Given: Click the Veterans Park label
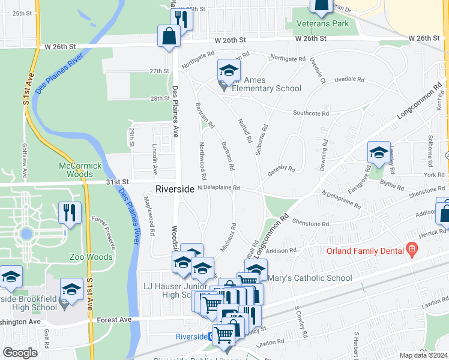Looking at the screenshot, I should (323, 24).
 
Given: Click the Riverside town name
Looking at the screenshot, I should (175, 189).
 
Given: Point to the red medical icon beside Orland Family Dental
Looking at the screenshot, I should (412, 248).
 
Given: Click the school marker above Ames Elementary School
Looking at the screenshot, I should (229, 71).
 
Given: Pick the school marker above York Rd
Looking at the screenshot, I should (379, 154).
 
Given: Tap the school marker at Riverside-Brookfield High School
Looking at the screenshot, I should (71, 290).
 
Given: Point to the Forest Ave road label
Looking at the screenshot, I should (116, 320).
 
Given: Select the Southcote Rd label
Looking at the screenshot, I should (310, 113).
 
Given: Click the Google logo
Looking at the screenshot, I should (20, 353).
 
